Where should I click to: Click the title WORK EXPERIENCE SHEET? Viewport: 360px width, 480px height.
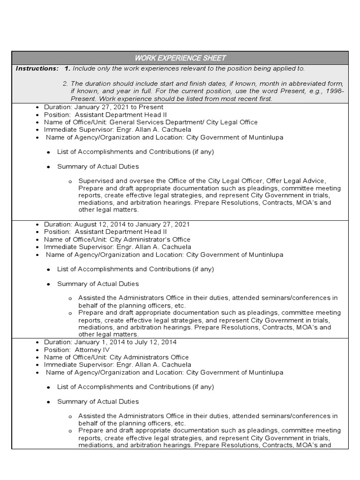[180, 58]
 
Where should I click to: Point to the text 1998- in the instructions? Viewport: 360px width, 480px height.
[335, 91]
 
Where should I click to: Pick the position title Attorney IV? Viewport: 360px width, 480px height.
[92, 350]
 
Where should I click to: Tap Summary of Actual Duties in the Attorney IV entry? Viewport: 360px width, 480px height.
[98, 402]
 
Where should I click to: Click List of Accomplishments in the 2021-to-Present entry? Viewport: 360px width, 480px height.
[96, 152]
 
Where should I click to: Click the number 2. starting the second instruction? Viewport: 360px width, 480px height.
[65, 83]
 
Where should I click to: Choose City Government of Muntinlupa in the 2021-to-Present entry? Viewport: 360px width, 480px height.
[234, 137]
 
